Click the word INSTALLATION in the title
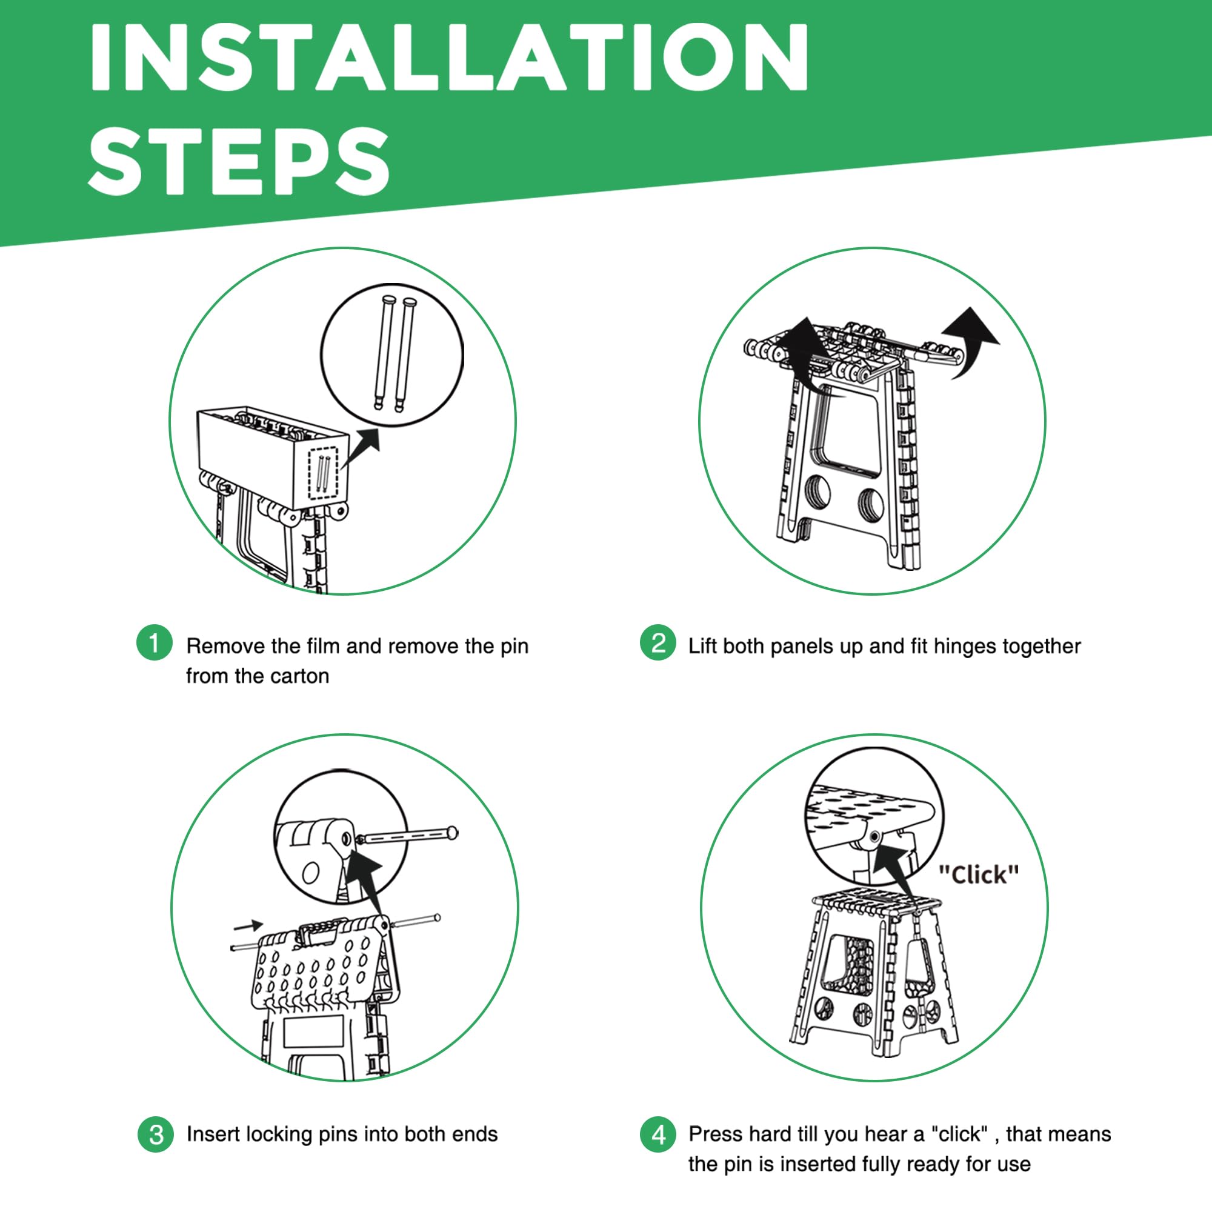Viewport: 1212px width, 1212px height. point(449,58)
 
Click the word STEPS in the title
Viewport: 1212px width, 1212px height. point(239,161)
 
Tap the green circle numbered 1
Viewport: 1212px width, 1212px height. point(154,642)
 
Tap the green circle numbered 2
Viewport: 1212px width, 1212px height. point(658,642)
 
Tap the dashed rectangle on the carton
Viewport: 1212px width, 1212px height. point(324,473)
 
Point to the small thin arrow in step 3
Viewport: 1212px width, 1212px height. point(248,926)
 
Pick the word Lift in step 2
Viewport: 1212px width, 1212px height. point(702,645)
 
